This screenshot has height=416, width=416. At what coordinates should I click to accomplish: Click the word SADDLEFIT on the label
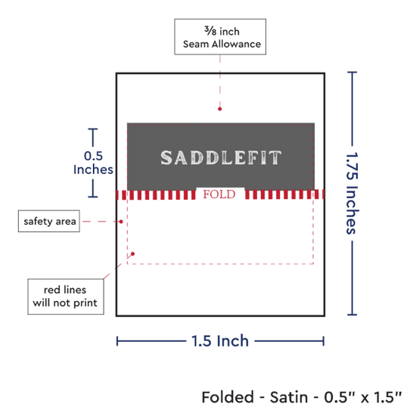coord(221,157)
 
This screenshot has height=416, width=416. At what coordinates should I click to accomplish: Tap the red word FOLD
coord(219,194)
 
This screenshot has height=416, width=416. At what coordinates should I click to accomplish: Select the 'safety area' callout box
coord(49,221)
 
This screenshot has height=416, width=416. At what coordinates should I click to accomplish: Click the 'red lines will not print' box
coord(66,296)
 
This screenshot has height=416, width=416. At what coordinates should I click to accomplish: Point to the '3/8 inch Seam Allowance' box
coord(220,36)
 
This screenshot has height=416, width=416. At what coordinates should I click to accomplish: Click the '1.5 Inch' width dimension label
coord(220,341)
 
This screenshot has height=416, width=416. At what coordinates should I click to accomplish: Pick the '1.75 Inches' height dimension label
coord(352,193)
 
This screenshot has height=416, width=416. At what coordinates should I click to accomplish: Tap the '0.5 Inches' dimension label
coord(93,163)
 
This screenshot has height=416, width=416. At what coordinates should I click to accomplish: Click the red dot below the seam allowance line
coord(219,109)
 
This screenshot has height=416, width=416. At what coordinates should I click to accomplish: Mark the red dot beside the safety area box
coord(121,222)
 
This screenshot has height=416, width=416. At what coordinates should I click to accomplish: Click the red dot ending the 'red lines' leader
coord(132,254)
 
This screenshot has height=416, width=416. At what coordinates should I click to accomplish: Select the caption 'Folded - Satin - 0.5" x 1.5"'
coord(302,397)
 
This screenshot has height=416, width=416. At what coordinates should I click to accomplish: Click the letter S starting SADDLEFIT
coord(166,157)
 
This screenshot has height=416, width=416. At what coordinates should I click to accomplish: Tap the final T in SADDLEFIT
coord(275,157)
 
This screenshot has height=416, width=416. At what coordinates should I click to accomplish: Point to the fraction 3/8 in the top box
coord(210,31)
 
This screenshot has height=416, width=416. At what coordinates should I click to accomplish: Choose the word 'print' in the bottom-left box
coord(85,303)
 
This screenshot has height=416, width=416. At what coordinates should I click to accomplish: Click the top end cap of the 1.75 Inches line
coord(352,72)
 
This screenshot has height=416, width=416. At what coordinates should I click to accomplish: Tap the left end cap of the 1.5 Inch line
coord(117,341)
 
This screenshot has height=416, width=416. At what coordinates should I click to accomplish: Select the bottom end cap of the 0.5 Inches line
coord(93,197)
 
